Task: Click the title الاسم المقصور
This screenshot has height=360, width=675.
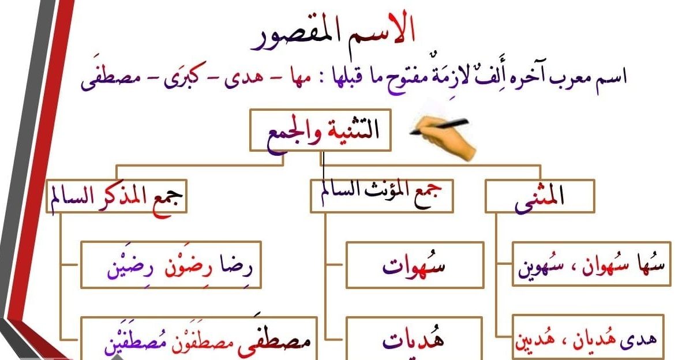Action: pos(337,36)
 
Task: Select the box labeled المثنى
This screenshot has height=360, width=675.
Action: pos(539,196)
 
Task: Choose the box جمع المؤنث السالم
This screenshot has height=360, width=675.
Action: pos(381,196)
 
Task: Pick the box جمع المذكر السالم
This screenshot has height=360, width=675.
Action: pos(117,196)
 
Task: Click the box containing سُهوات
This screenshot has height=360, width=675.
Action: pos(414,265)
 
